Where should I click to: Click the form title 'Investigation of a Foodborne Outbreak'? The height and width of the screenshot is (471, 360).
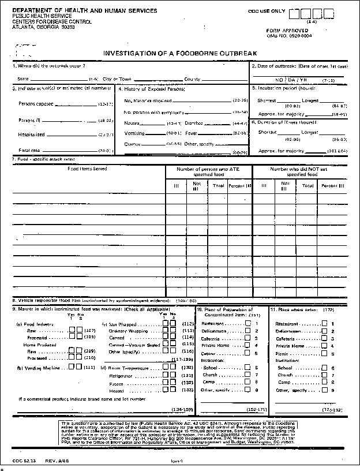click(x=180, y=53)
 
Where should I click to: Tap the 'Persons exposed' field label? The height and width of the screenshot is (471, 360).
click(x=36, y=104)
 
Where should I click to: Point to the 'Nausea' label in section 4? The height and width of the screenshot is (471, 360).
click(x=133, y=124)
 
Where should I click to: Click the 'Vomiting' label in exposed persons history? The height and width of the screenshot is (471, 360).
click(x=134, y=133)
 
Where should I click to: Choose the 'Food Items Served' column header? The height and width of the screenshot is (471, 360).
click(x=87, y=169)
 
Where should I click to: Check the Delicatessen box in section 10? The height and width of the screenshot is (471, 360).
click(x=249, y=331)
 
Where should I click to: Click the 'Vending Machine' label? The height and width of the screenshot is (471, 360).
click(x=44, y=368)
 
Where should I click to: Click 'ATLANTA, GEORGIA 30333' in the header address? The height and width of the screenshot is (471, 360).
click(x=43, y=27)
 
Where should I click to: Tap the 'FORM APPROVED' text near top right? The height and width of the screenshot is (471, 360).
click(x=284, y=29)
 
